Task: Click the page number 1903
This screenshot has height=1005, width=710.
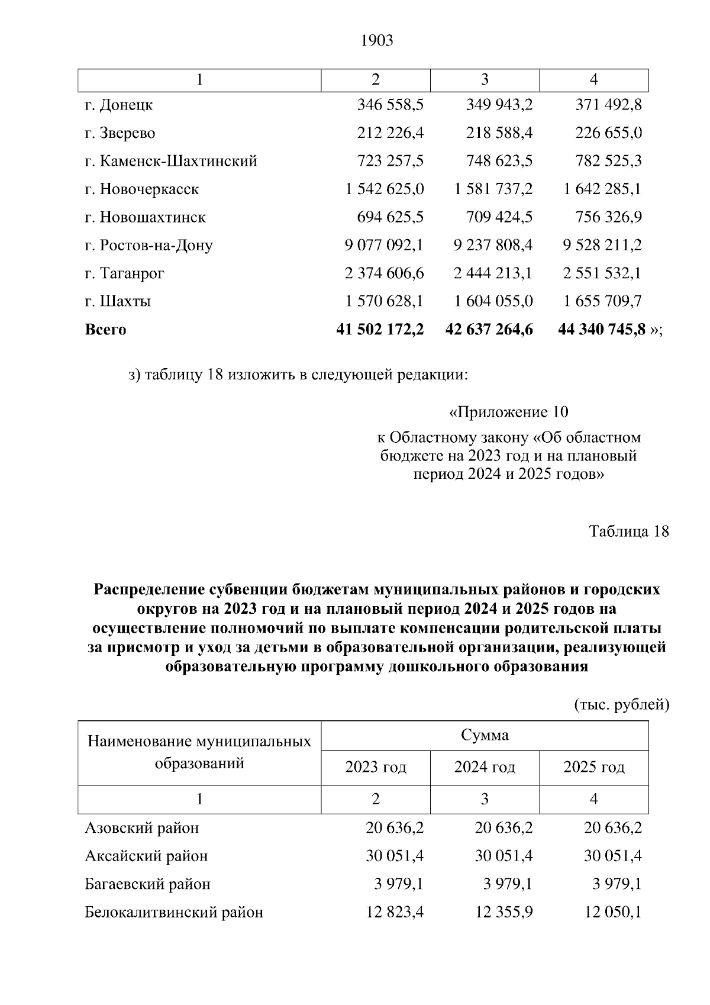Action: pos(376,41)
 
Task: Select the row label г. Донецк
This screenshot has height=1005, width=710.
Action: pos(119,105)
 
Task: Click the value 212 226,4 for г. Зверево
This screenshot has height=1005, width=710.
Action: pos(390,133)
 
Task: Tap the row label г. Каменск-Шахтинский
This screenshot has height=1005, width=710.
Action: pos(171,161)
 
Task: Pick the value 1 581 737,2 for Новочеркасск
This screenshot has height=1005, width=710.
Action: pos(493,189)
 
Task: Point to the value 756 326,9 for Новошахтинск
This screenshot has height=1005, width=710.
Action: pos(608,217)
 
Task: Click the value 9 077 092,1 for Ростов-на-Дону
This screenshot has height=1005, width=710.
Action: pos(384,245)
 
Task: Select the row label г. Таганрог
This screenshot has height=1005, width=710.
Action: pos(124,273)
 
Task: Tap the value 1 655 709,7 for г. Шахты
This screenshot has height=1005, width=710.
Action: pos(602,301)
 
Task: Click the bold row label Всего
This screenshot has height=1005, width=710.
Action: pos(106,330)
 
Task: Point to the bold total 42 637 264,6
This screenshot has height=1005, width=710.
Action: pos(489,330)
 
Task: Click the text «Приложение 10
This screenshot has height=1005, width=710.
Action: pos(508,411)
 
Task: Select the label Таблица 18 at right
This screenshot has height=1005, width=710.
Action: pos(628,532)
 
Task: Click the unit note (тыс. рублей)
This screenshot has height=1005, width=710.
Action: pos(621,704)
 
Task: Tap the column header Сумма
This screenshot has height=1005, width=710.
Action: pos(485,736)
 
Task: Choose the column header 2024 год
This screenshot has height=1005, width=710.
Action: pos(485,768)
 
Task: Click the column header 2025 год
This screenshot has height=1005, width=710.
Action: pos(593,768)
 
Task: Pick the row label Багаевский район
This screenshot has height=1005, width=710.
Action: pos(147,884)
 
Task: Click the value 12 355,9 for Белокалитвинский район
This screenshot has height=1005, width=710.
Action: pos(504,913)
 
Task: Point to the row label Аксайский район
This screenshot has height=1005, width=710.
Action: pos(146,856)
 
